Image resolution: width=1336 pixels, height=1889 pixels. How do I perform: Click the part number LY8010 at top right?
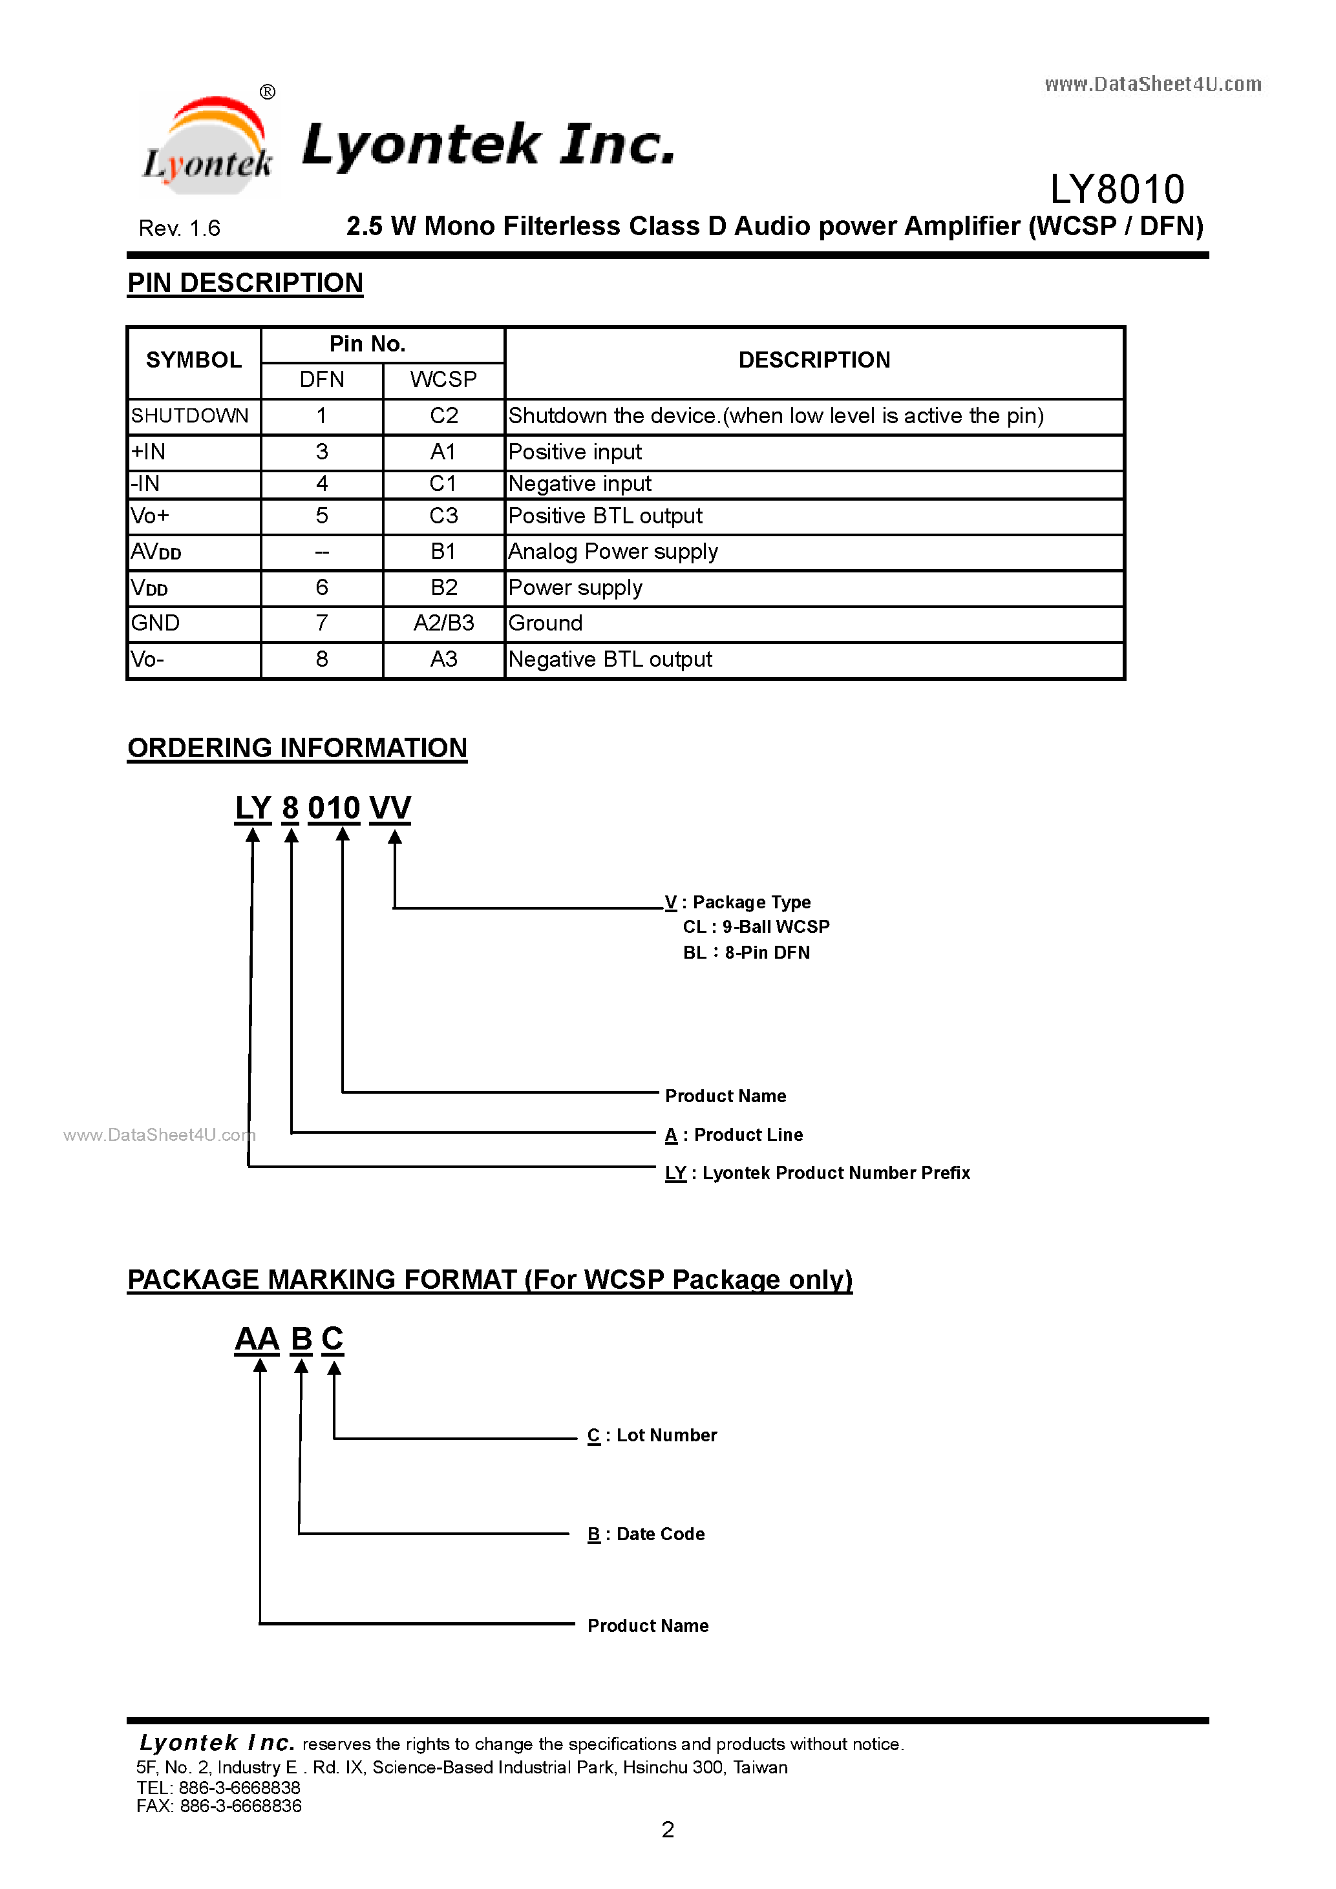[x=1116, y=189]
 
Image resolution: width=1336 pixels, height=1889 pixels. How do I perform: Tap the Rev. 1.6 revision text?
[x=180, y=228]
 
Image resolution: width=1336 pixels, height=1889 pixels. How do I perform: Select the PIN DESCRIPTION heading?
[x=246, y=283]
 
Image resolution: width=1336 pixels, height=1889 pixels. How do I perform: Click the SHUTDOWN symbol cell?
[x=190, y=416]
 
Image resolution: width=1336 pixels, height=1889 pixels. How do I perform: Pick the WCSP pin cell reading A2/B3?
[x=443, y=623]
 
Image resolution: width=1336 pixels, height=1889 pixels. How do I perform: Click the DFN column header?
[x=322, y=380]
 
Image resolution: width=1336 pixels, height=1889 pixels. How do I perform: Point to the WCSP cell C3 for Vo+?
[x=443, y=516]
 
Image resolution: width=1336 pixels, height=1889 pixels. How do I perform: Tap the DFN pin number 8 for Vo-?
[x=322, y=659]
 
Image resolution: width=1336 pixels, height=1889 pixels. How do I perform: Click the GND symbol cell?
[x=156, y=623]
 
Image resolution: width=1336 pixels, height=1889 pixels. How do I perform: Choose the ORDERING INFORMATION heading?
[x=297, y=748]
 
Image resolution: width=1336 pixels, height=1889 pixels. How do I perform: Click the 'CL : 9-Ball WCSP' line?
[x=756, y=927]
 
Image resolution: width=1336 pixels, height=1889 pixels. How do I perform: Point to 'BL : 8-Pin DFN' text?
[x=746, y=953]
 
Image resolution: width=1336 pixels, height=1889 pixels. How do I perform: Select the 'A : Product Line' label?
[x=734, y=1135]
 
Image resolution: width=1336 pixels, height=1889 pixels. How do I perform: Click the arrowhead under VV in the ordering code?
[x=395, y=837]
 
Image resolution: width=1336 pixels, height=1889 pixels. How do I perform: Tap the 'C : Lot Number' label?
[x=652, y=1435]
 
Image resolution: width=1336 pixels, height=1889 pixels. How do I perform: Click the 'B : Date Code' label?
[x=646, y=1534]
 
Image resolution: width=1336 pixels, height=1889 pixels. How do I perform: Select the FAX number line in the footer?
[x=219, y=1806]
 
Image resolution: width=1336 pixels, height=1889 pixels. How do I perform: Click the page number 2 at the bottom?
[x=668, y=1830]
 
